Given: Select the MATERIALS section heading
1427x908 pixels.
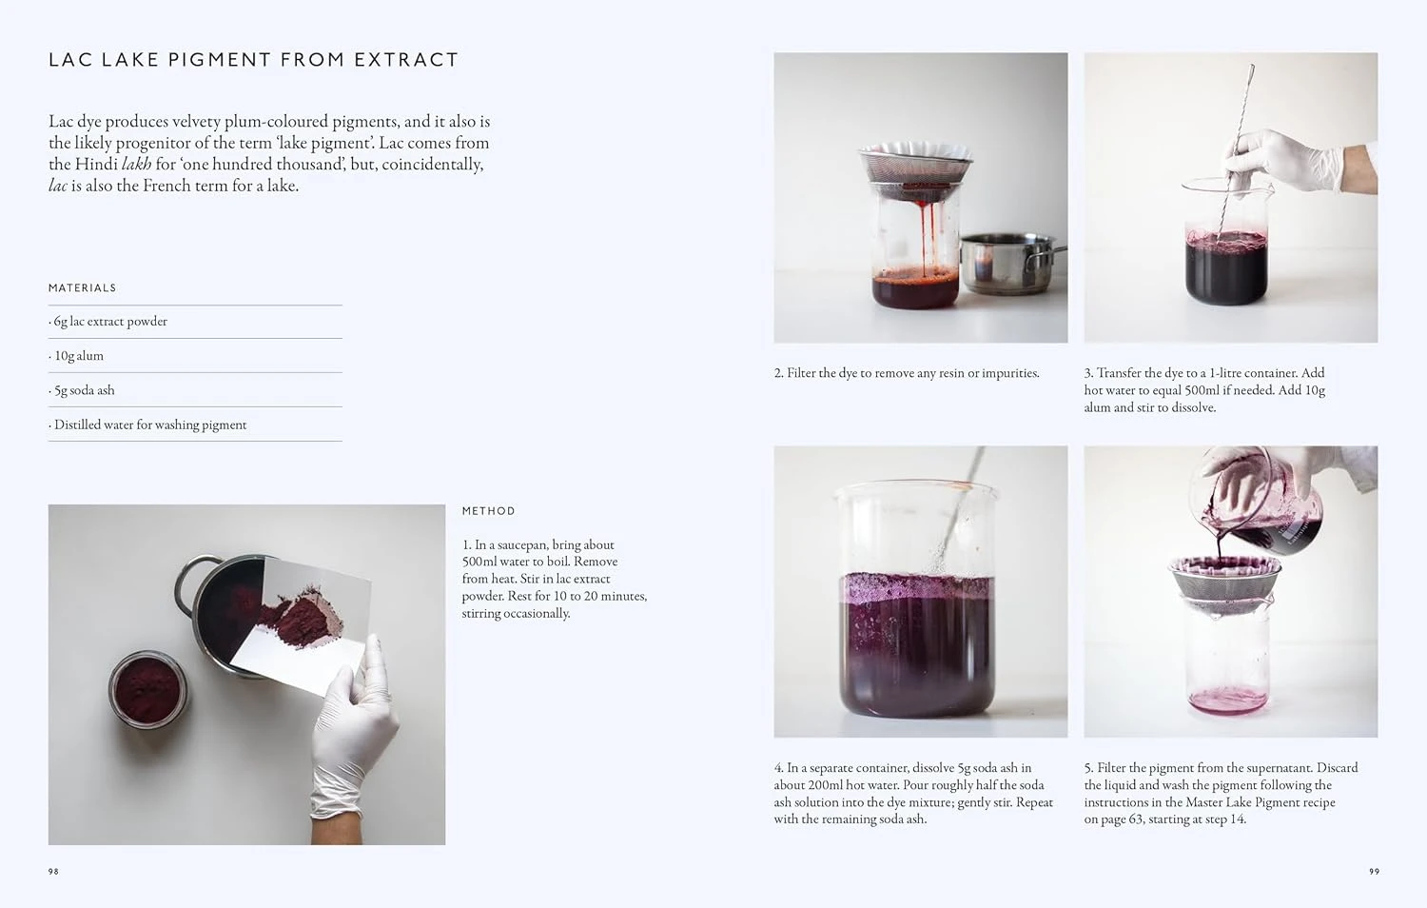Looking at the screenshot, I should (x=83, y=287).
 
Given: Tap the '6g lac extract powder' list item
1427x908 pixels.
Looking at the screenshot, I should (x=110, y=322).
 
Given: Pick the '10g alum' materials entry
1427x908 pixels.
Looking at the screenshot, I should (x=79, y=356).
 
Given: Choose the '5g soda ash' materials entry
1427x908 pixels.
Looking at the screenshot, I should (x=85, y=390).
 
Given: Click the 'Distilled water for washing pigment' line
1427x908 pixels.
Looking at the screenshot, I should (x=150, y=424).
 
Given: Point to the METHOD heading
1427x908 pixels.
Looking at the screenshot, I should (x=488, y=511).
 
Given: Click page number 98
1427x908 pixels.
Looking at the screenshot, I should (x=53, y=871).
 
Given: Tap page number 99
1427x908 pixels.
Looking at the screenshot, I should (x=1374, y=871).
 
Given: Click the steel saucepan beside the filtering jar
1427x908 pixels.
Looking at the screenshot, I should (x=1008, y=265).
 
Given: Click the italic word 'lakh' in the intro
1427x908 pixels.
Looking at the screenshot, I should (x=136, y=164).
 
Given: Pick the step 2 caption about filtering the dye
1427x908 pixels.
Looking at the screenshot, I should (x=907, y=373).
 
